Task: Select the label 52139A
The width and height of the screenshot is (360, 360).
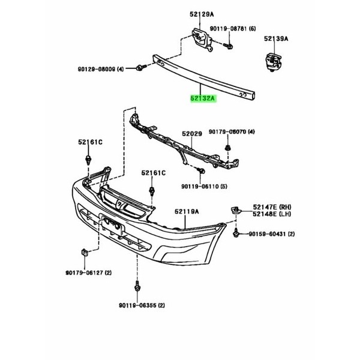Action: pos(276,39)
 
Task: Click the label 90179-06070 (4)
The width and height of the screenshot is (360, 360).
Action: pos(232,132)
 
